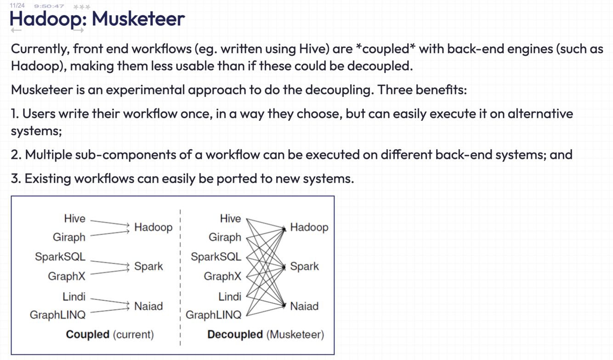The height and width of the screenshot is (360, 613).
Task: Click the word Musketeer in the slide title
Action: (x=138, y=19)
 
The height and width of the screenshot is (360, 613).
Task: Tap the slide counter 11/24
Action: (x=17, y=6)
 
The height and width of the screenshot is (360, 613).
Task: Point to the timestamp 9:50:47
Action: (x=49, y=6)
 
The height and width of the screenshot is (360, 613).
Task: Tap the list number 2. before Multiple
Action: (x=16, y=155)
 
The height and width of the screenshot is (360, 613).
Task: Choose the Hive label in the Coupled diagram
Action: (x=74, y=219)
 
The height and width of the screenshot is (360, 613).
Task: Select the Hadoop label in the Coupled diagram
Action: (x=153, y=227)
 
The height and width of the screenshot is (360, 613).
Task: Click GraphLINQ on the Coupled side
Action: (x=58, y=315)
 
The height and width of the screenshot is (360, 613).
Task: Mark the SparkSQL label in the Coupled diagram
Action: (x=60, y=257)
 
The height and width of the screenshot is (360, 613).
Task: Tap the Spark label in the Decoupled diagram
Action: (x=304, y=266)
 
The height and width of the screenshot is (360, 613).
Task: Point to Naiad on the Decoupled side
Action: (x=304, y=306)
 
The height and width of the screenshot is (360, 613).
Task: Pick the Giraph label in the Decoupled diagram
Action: (x=225, y=237)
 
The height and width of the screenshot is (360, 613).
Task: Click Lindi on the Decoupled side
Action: (x=230, y=297)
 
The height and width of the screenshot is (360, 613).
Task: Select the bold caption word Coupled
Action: (x=87, y=334)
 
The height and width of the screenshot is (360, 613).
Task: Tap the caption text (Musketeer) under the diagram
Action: (x=295, y=334)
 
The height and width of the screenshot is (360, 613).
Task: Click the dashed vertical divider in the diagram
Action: (x=180, y=276)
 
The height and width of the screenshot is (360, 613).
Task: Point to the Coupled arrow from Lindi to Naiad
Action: (x=109, y=301)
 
